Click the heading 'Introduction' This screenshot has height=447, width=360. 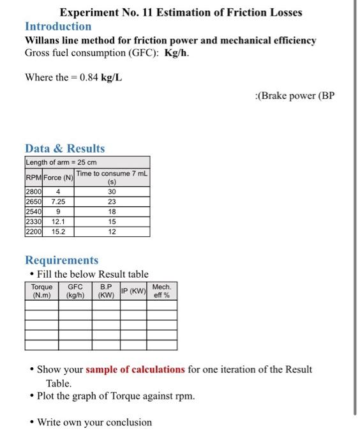(x=58, y=26)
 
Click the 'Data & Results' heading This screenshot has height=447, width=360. (x=64, y=148)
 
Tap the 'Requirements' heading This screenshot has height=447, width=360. (x=61, y=260)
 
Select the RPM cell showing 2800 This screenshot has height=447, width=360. (x=33, y=192)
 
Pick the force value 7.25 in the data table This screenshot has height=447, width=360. (x=58, y=202)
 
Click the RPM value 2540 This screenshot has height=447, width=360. (x=33, y=212)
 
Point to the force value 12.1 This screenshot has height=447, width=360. (x=58, y=222)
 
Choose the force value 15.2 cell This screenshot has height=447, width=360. (x=58, y=232)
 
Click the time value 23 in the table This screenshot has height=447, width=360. (x=112, y=202)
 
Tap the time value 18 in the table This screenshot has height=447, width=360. (x=112, y=212)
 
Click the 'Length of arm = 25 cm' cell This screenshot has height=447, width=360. (x=61, y=162)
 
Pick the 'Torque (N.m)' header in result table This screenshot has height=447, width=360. (x=41, y=291)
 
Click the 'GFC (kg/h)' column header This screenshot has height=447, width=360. (x=75, y=291)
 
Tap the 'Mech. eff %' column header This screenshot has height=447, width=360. (x=161, y=291)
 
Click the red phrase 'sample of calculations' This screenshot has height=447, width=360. (x=135, y=370)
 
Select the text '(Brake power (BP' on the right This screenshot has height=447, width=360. (x=294, y=96)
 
